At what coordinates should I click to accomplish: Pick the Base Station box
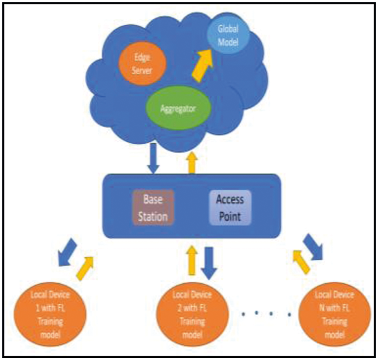153,207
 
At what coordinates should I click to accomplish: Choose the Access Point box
230,207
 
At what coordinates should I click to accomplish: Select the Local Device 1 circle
51,315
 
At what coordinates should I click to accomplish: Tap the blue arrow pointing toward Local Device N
314,247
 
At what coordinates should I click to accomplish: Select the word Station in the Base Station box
153,217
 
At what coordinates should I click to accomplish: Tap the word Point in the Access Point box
230,217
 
